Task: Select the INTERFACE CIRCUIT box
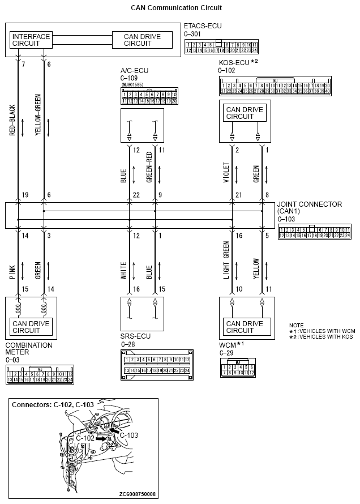coord(31,40)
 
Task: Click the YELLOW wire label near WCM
coord(256,268)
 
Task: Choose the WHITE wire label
coord(123,269)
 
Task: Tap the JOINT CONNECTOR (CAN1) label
coord(309,208)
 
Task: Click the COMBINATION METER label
coord(28,348)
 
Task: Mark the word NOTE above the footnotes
coord(296,325)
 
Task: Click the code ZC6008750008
coord(138,494)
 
